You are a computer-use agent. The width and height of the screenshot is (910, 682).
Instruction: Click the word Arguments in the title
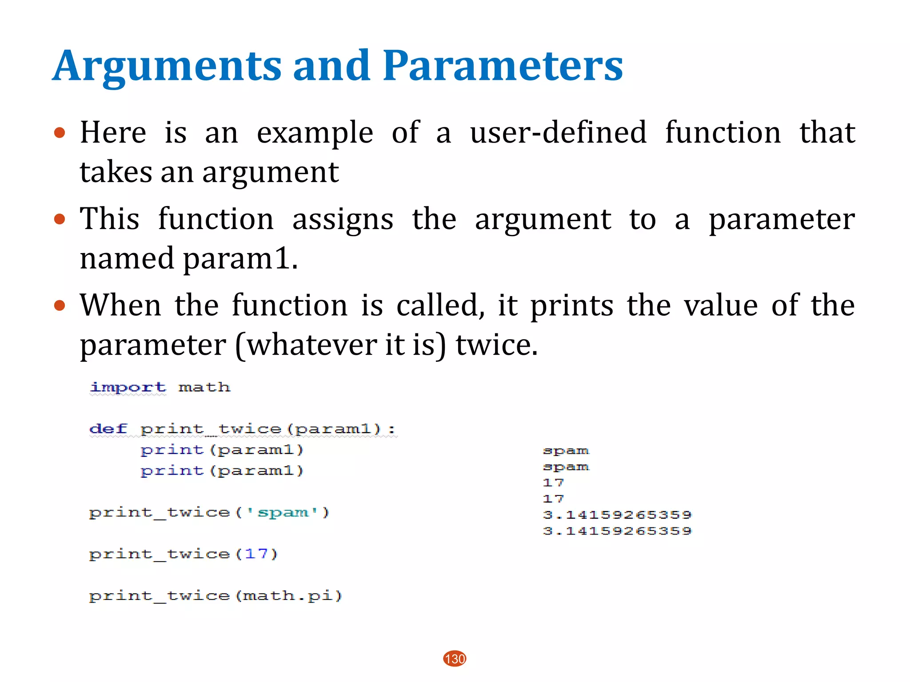point(167,67)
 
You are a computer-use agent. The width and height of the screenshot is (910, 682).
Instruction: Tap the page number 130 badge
point(455,658)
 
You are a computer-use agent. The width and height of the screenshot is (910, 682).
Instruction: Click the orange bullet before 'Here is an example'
point(60,133)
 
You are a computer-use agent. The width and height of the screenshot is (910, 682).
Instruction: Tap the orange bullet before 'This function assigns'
point(60,219)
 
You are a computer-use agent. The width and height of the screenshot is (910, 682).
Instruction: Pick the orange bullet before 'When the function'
point(60,305)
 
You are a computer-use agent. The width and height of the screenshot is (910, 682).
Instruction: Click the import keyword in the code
point(128,387)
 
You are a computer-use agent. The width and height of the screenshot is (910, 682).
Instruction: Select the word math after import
point(204,387)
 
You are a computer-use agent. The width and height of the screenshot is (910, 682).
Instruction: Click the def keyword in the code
point(108,429)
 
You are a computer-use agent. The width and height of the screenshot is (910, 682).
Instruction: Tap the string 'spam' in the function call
point(283,512)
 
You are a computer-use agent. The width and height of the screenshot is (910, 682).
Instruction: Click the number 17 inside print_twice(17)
point(256,554)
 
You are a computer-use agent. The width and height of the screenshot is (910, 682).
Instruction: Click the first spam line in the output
point(566,451)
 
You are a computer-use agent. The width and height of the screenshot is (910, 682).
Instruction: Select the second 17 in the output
point(553,499)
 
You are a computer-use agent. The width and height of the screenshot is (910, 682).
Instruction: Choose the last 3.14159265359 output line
point(617,531)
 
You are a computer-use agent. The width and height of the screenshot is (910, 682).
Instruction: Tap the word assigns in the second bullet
point(343,219)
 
